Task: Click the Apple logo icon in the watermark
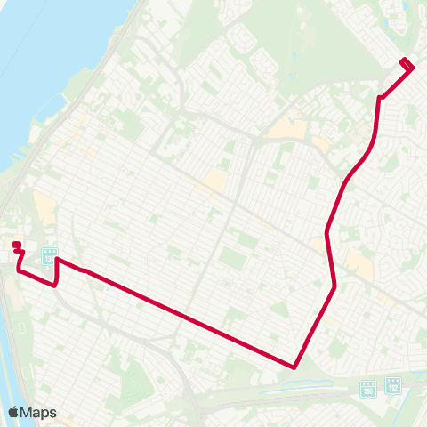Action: coord(13,412)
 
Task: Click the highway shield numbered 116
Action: coord(368,389)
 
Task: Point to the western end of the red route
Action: coord(15,245)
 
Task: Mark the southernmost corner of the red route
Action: coord(294,366)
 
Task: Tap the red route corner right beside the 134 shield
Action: coord(57,260)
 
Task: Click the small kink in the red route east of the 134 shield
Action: coord(85,270)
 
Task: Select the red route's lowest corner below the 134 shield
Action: coord(56,286)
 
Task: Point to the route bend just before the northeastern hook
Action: coord(380,97)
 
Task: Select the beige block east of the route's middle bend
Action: coord(358,261)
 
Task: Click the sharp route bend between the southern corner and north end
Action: coord(334,286)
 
